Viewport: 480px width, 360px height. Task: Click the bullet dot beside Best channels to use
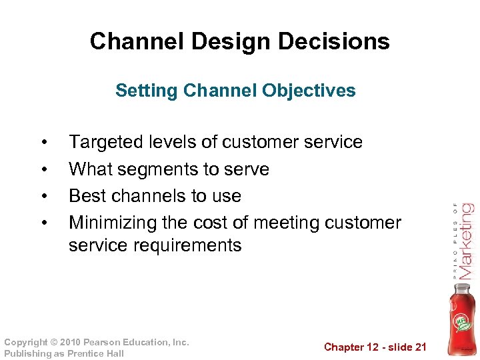pos(43,197)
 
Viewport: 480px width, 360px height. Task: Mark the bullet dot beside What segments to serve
pos(43,170)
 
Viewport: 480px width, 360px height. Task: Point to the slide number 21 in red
pos(420,347)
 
